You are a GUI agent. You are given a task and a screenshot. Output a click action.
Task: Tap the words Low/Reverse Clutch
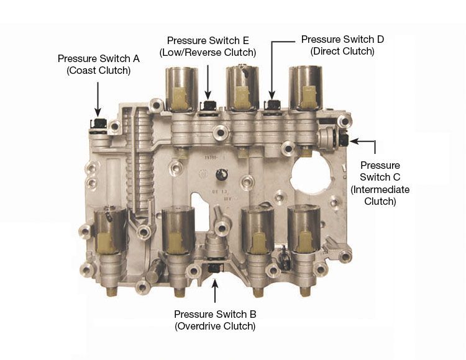(x=208, y=53)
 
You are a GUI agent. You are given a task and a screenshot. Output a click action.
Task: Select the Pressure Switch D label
(x=342, y=45)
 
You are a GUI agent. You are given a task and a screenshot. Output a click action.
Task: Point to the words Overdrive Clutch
(x=215, y=326)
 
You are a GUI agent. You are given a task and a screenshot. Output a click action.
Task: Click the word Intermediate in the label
(x=380, y=189)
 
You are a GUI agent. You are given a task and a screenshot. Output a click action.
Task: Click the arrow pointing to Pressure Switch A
(x=98, y=99)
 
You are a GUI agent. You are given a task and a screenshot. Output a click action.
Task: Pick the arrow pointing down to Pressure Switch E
(x=208, y=82)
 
